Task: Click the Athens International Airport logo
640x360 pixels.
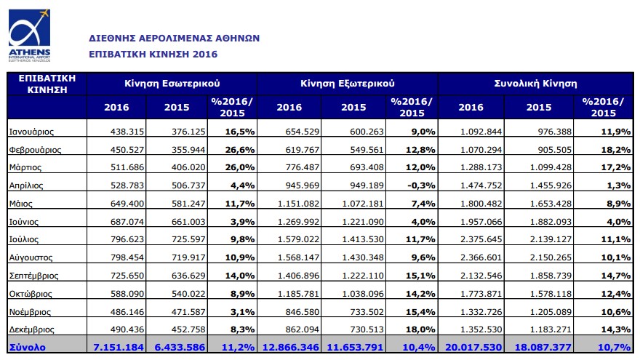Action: pyautogui.click(x=29, y=36)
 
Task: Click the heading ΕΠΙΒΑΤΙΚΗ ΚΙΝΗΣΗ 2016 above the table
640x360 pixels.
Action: pyautogui.click(x=153, y=55)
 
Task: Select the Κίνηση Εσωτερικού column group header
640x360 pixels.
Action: pyautogui.click(x=172, y=84)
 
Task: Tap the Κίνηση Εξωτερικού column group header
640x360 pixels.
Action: pyautogui.click(x=348, y=84)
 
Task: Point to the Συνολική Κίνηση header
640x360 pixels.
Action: pyautogui.click(x=535, y=84)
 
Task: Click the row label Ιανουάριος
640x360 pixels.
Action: pyautogui.click(x=31, y=132)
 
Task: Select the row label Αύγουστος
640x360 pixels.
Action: pyautogui.click(x=31, y=257)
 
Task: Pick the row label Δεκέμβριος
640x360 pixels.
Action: pyautogui.click(x=31, y=329)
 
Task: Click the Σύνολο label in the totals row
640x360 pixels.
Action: pyautogui.click(x=28, y=348)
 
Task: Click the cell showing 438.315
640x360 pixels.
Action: pyautogui.click(x=127, y=132)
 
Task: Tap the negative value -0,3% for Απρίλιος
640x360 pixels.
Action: pyautogui.click(x=421, y=185)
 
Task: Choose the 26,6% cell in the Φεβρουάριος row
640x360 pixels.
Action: pyautogui.click(x=240, y=149)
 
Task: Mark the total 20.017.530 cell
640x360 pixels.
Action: pyautogui.click(x=473, y=348)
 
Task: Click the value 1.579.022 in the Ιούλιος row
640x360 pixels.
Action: pyautogui.click(x=298, y=239)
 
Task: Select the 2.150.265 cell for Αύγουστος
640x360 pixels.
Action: pyautogui.click(x=551, y=257)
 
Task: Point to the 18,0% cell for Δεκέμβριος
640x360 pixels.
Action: pyautogui.click(x=420, y=329)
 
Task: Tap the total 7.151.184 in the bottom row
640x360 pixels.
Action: pyautogui.click(x=119, y=348)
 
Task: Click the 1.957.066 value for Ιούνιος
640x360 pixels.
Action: pyautogui.click(x=481, y=222)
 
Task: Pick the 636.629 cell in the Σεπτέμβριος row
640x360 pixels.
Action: pyautogui.click(x=188, y=276)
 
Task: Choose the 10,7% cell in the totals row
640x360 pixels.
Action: pyautogui.click(x=615, y=348)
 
